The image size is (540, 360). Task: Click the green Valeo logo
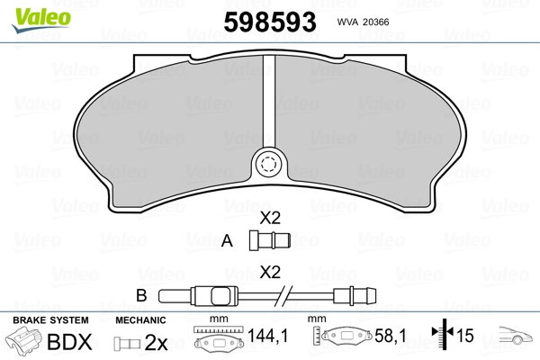[41, 20]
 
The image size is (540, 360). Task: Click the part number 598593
[270, 22]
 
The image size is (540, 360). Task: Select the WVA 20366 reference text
[363, 22]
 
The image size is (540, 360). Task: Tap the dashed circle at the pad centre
[268, 164]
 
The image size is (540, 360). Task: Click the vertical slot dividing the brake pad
[269, 102]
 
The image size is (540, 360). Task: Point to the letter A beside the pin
[227, 240]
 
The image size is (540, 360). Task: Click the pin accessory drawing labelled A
[270, 240]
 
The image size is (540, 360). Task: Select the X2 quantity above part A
[270, 218]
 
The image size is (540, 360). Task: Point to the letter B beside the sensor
[141, 295]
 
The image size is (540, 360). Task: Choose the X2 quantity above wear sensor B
[270, 272]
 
